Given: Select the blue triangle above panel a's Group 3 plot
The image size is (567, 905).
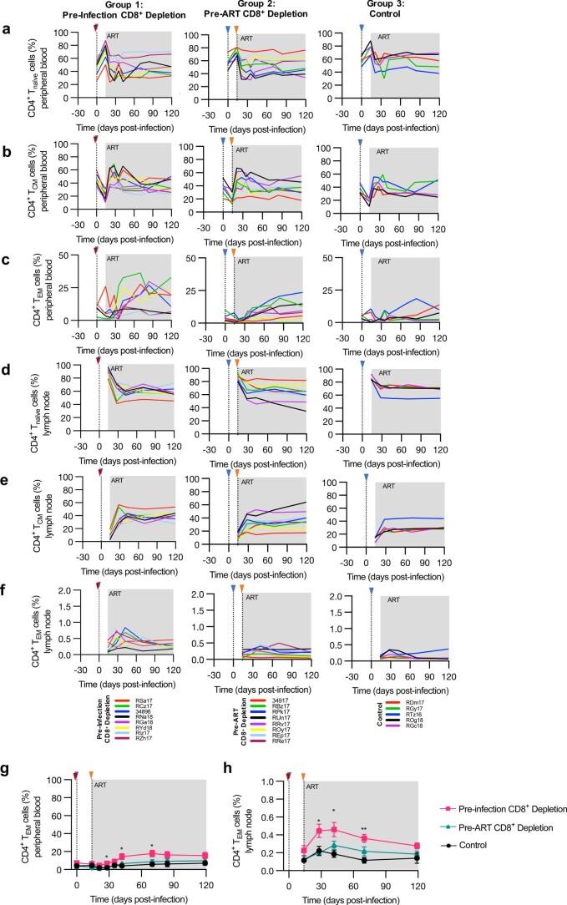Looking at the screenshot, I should point(361,29).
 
